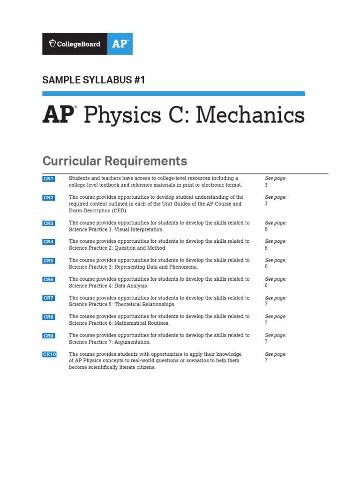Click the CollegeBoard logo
point(75,44)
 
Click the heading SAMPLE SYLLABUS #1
point(94,80)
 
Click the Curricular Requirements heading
point(114,161)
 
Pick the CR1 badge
point(49,179)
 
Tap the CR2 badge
point(49,198)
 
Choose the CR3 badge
point(49,223)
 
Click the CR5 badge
point(49,261)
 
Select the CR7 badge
point(49,298)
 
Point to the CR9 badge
point(49,336)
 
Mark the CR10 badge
point(49,354)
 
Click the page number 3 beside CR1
point(266,185)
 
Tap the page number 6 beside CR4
point(266,248)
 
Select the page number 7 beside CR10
point(266,360)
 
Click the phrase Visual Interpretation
point(140,230)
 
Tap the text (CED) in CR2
point(119,211)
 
